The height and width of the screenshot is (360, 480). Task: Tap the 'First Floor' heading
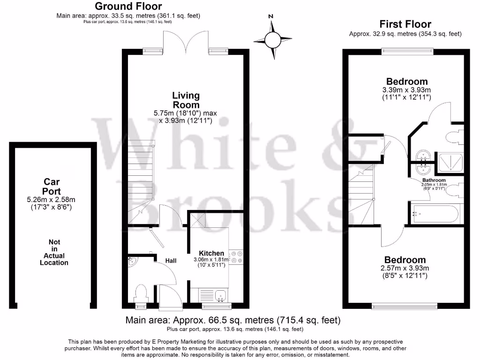pos(405,24)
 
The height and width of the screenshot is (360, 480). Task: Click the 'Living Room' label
pos(186,100)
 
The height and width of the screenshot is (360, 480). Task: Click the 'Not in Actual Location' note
pos(54,252)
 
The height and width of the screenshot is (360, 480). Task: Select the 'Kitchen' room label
pos(211,253)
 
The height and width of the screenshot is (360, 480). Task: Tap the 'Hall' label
pos(171,260)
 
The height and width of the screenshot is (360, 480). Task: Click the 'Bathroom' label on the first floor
pos(434,180)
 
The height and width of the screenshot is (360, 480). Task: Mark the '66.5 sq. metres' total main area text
pos(233,321)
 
